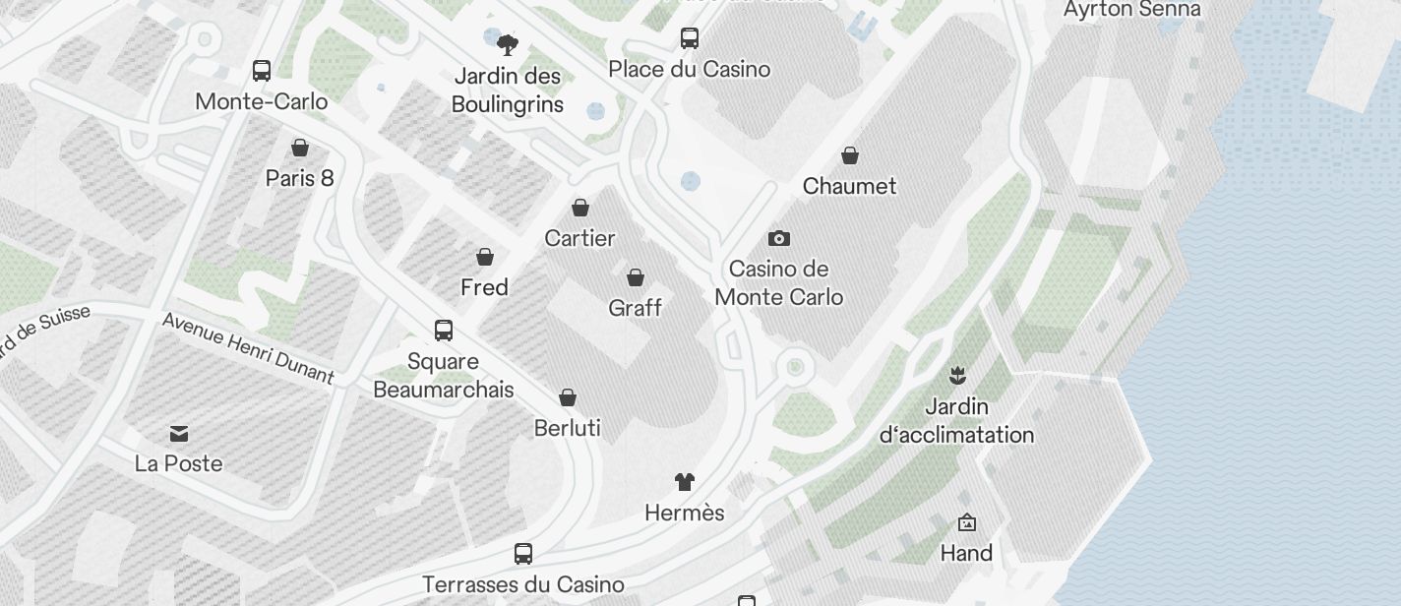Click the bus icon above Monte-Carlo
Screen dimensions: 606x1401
tap(262, 71)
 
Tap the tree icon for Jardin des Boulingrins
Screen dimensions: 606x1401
tap(508, 44)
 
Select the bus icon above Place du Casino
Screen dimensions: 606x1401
tap(690, 38)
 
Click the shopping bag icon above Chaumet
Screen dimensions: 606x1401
tap(850, 155)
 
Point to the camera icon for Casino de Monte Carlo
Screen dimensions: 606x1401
tap(779, 238)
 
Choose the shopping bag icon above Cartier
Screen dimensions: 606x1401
tap(580, 208)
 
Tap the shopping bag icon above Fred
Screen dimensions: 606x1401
tap(485, 257)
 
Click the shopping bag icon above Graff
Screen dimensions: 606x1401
tap(636, 277)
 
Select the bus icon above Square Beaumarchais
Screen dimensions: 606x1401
tap(444, 331)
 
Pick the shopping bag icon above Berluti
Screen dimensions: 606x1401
tap(568, 397)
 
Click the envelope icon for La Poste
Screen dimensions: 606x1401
tap(179, 433)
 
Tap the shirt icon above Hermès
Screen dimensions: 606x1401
tap(685, 482)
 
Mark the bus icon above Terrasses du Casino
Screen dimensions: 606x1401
tap(523, 554)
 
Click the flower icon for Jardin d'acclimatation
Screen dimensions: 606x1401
tap(956, 375)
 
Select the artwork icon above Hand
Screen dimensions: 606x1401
tap(966, 522)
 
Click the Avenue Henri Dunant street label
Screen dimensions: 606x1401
tap(248, 347)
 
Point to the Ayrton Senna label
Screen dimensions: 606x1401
tap(1131, 10)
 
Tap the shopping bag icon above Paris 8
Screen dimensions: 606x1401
tap(300, 148)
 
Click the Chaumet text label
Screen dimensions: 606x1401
tap(850, 186)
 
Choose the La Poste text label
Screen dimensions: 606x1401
tap(179, 463)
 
